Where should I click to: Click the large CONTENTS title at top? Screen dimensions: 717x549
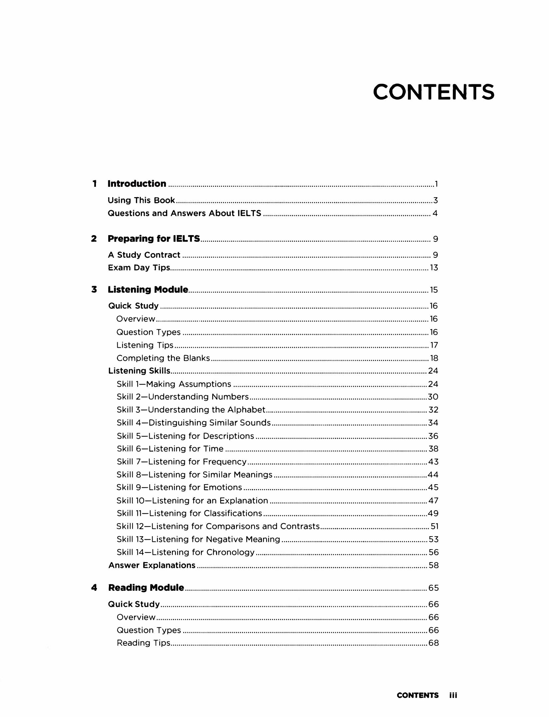pyautogui.click(x=433, y=92)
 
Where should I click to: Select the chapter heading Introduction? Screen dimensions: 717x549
pyautogui.click(x=137, y=183)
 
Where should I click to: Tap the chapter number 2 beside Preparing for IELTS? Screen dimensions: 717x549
pyautogui.click(x=94, y=238)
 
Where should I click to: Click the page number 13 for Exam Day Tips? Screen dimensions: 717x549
pyautogui.click(x=434, y=268)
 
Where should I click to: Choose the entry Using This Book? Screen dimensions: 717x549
pyautogui.click(x=141, y=200)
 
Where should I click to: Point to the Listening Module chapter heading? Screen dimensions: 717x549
pyautogui.click(x=148, y=289)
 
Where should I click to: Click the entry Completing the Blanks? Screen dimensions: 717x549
pyautogui.click(x=163, y=358)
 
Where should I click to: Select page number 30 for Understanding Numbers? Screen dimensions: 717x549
pyautogui.click(x=433, y=397)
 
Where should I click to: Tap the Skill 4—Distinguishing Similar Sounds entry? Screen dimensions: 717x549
pyautogui.click(x=194, y=423)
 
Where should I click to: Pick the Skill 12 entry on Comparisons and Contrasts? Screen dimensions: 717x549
pyautogui.click(x=218, y=526)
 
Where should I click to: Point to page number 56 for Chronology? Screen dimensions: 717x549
pyautogui.click(x=434, y=552)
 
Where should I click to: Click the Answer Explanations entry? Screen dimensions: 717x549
pyautogui.click(x=152, y=565)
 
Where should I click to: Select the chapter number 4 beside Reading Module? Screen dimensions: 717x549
pyautogui.click(x=94, y=587)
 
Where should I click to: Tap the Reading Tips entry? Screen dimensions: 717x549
pyautogui.click(x=144, y=643)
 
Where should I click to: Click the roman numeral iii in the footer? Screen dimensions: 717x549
pyautogui.click(x=453, y=695)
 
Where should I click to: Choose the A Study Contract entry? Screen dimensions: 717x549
pyautogui.click(x=144, y=255)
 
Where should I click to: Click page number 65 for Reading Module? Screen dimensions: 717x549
pyautogui.click(x=434, y=588)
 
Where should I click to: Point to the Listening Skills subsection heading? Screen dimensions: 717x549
pyautogui.click(x=139, y=371)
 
